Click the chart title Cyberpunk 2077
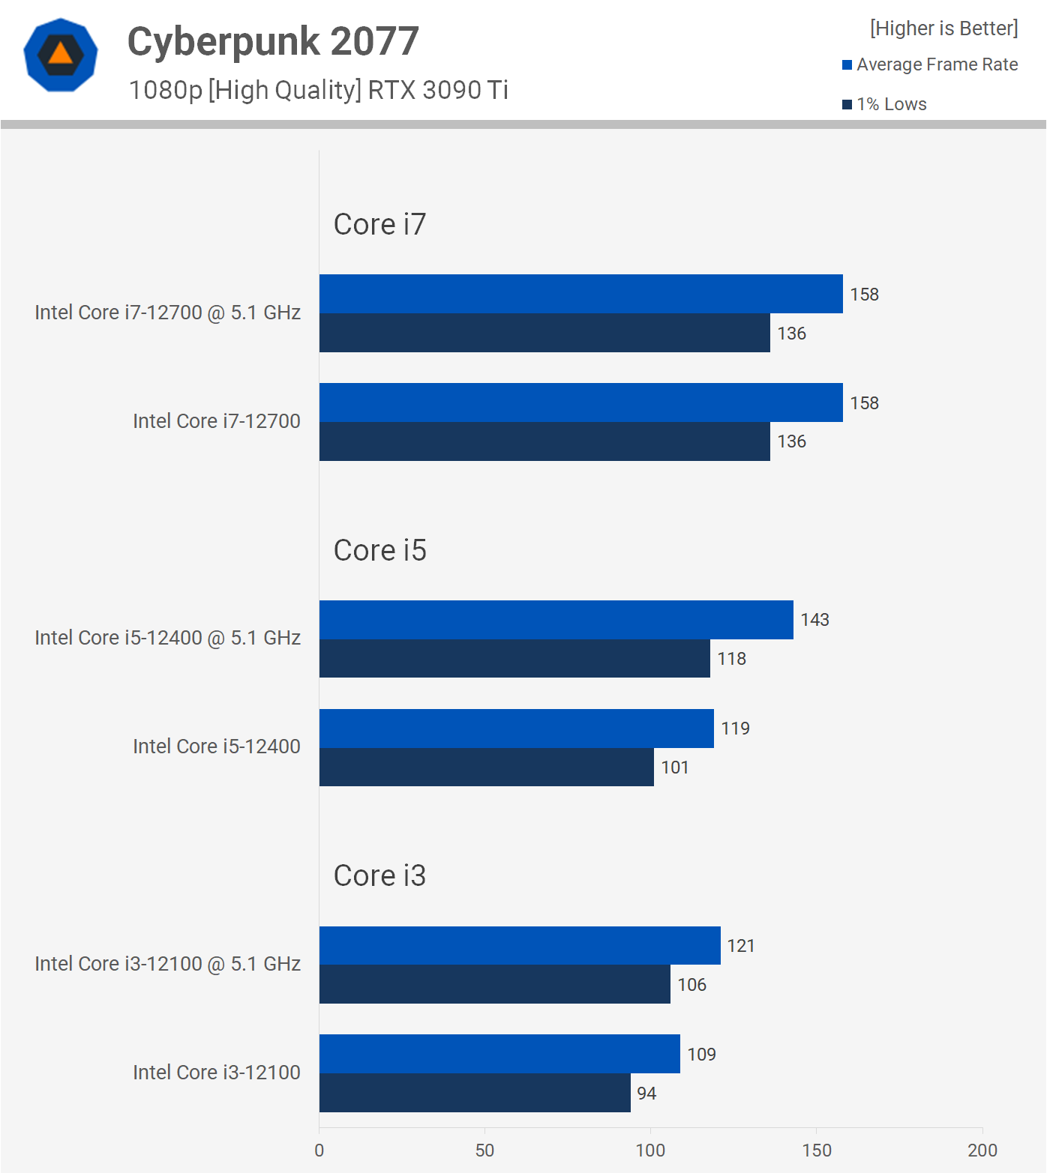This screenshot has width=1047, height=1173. click(273, 41)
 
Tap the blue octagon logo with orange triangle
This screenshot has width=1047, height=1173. click(61, 55)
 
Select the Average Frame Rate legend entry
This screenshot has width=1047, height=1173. click(930, 64)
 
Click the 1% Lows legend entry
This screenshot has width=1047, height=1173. click(885, 104)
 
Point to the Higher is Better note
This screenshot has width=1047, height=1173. click(943, 28)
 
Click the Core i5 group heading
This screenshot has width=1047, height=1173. click(379, 550)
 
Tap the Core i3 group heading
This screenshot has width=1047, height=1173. click(379, 875)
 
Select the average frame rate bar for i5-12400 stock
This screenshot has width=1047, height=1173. click(516, 729)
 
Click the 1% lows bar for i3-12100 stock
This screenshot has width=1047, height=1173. click(475, 1093)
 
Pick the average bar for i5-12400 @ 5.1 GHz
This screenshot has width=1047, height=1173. click(556, 620)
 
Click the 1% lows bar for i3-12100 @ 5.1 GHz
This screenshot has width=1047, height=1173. click(494, 984)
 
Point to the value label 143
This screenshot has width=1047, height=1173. click(814, 620)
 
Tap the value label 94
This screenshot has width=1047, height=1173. click(646, 1094)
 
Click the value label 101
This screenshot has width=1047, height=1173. click(675, 768)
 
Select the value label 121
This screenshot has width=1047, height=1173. click(741, 946)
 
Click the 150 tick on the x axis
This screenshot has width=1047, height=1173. click(816, 1151)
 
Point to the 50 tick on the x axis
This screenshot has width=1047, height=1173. click(484, 1151)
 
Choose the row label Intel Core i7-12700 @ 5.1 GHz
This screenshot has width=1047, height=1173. click(167, 313)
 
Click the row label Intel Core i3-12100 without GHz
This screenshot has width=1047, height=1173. click(216, 1073)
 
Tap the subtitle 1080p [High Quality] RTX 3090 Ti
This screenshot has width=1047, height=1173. click(318, 90)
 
